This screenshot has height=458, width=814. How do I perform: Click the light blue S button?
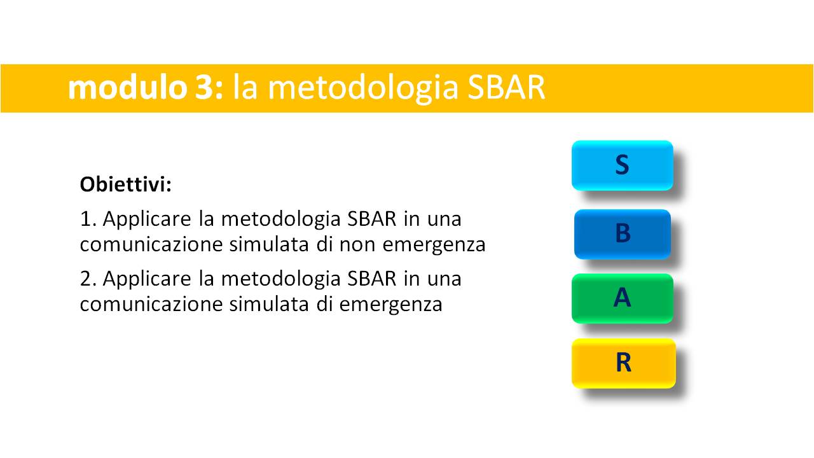point(622,165)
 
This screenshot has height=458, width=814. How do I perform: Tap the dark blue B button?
point(623,234)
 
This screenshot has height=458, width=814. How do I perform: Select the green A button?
point(623,298)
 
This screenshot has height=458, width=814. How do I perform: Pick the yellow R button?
point(624,363)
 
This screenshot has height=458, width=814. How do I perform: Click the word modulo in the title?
point(127,87)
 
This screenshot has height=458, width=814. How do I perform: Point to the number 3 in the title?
point(203,88)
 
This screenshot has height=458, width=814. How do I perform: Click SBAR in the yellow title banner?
point(506,87)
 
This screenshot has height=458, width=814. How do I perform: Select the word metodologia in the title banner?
point(362,89)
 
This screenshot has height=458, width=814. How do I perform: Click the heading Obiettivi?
point(126,184)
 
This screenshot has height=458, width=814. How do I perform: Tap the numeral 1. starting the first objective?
point(88,219)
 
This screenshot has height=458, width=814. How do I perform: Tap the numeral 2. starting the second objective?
point(88,279)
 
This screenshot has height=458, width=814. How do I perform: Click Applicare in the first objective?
point(147,220)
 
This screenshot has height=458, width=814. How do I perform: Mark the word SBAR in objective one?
point(372,219)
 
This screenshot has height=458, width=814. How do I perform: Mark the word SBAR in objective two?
point(372,279)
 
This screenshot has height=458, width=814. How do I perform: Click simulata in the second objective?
point(269,304)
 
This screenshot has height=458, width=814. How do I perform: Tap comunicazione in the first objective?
point(151,244)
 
